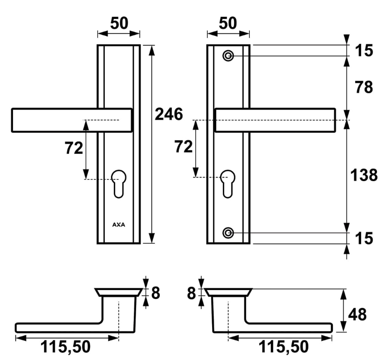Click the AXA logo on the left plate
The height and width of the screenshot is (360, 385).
(x=118, y=224)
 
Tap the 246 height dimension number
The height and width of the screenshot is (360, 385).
(x=169, y=114)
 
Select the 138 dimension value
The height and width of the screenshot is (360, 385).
(x=364, y=175)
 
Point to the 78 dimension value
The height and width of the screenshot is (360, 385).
(x=364, y=87)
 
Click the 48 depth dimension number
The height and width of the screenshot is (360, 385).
(x=357, y=314)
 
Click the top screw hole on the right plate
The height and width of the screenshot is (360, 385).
(x=228, y=56)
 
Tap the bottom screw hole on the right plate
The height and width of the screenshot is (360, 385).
(x=228, y=233)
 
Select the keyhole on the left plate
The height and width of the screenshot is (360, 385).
(x=119, y=183)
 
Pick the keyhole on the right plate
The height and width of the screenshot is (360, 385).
(x=228, y=183)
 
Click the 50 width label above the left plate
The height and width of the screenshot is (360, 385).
(x=119, y=23)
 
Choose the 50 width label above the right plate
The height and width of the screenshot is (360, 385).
(x=228, y=23)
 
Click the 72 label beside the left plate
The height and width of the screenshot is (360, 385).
(x=74, y=148)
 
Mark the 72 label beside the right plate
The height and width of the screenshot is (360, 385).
(x=184, y=147)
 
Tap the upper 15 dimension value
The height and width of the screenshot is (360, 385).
(x=364, y=51)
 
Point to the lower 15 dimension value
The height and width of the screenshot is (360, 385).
(x=364, y=238)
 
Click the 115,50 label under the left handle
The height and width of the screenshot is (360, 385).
(x=65, y=347)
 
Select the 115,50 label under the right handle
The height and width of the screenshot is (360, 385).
(x=283, y=347)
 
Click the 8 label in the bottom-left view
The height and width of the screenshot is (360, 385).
(x=156, y=293)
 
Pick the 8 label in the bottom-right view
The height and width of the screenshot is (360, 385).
(x=192, y=293)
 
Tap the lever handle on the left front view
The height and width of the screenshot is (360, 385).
(x=72, y=120)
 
